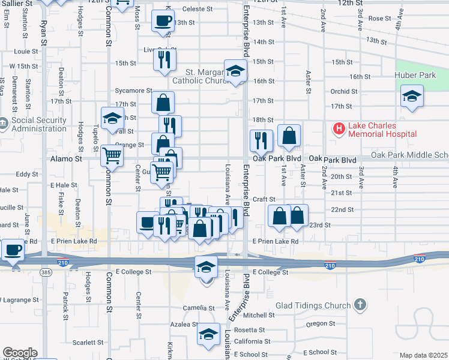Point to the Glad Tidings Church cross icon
(x=360, y=305)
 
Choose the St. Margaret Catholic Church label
(x=198, y=76)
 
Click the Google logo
(x=20, y=353)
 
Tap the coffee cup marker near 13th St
(x=163, y=22)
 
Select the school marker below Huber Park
(x=412, y=96)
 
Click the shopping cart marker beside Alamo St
(x=112, y=155)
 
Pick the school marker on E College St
(x=206, y=267)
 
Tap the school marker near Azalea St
(x=209, y=334)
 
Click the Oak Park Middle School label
(x=409, y=155)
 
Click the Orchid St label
(x=344, y=92)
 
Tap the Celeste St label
(x=197, y=9)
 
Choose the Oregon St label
(x=320, y=323)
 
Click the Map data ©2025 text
(x=423, y=355)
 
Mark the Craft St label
(x=264, y=199)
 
